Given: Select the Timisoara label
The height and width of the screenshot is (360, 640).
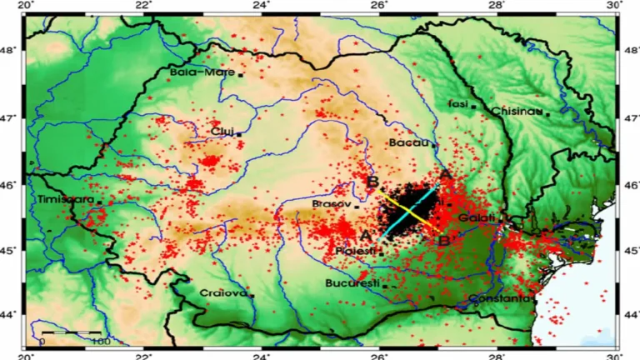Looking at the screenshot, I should click(x=66, y=201).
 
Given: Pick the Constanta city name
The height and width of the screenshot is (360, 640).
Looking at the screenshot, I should click(x=499, y=298).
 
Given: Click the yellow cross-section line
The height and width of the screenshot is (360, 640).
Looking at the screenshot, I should click(x=408, y=208).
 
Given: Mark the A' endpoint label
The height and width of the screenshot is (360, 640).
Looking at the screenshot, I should click(x=367, y=235).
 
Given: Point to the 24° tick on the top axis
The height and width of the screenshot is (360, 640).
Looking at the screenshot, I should click(x=262, y=6).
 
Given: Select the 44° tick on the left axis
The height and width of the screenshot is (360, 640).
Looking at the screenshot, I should click(x=12, y=315).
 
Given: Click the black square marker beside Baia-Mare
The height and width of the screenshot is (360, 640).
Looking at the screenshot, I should click(x=241, y=74).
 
